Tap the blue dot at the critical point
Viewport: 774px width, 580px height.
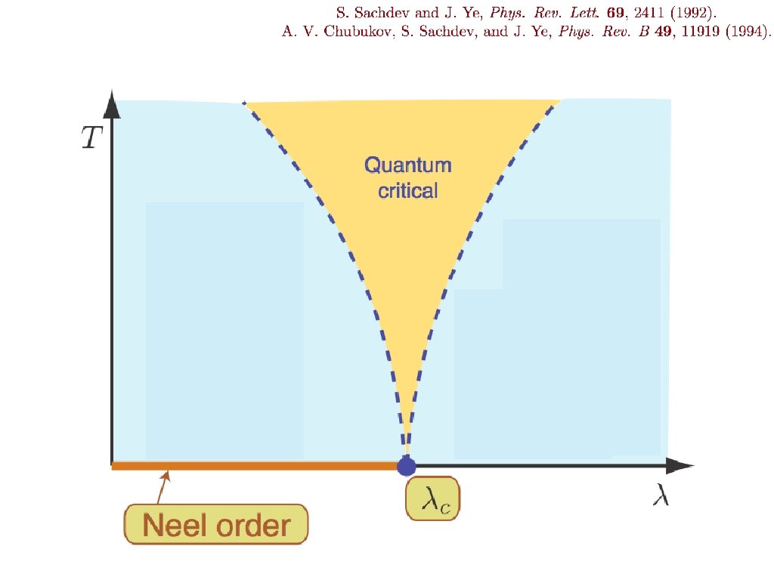click(407, 466)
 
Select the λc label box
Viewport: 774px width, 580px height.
click(432, 498)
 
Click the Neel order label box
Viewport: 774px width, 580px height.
click(217, 523)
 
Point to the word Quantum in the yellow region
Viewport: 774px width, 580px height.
click(407, 165)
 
